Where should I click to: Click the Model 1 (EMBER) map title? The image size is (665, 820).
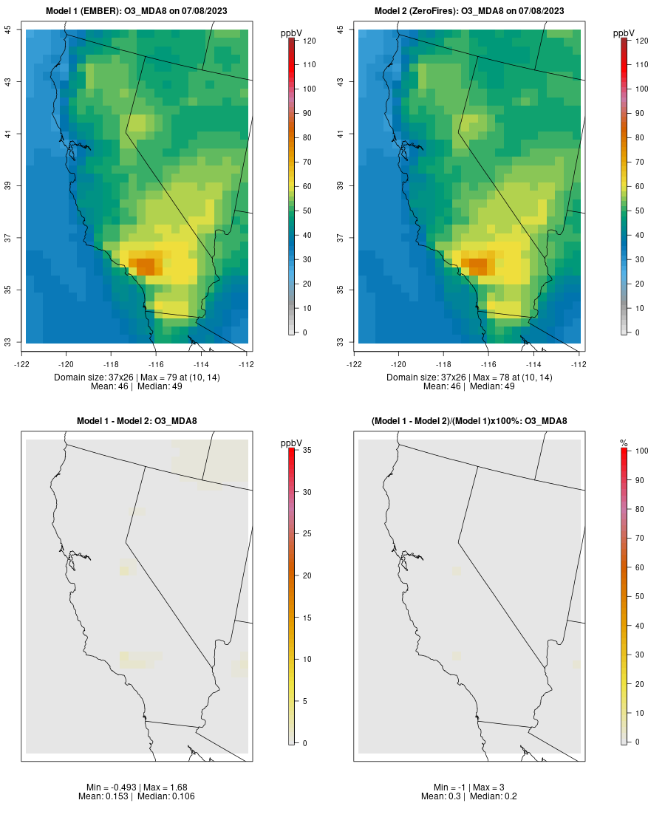[137, 10]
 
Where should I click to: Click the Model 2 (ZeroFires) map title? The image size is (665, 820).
[469, 10]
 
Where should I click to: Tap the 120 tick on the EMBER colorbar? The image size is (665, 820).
[308, 41]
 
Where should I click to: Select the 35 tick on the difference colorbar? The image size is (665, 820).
[308, 450]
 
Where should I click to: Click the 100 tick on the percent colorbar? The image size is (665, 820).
[641, 450]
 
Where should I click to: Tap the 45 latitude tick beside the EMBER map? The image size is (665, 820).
[8, 29]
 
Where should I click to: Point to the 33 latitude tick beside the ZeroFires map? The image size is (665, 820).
[341, 342]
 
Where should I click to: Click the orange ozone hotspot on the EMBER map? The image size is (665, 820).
[145, 265]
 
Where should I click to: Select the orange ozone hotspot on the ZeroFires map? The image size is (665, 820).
[477, 265]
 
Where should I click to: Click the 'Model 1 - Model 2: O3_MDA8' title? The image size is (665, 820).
[137, 421]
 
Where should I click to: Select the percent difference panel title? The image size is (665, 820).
[469, 421]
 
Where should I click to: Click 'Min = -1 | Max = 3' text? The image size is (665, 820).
[469, 787]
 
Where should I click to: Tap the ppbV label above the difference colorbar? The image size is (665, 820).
[291, 443]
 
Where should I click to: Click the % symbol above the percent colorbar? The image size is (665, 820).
[624, 443]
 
